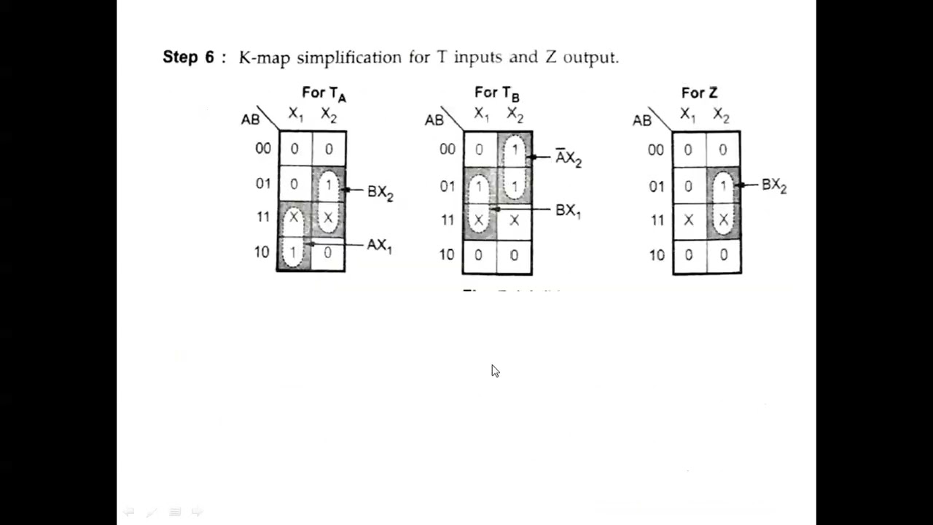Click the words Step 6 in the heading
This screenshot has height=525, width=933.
[188, 57]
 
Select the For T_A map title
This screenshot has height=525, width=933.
[324, 93]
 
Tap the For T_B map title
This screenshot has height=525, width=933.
[496, 93]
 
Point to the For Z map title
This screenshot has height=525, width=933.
[699, 93]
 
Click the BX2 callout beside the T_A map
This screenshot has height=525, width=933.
[380, 192]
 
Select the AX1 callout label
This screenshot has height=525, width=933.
[379, 246]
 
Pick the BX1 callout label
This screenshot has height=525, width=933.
[568, 211]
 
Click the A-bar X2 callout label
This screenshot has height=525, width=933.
[569, 158]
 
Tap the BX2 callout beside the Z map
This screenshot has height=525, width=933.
[773, 185]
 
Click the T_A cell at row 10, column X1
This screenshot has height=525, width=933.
[294, 252]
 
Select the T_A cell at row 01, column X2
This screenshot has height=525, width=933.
[328, 185]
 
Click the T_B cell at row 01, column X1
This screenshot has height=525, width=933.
[480, 187]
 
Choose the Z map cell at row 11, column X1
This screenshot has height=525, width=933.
[689, 219]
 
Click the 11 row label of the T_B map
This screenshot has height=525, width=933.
[447, 219]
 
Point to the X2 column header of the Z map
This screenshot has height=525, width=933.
[721, 114]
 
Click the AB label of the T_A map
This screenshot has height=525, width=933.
[250, 119]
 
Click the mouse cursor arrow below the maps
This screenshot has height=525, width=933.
[495, 371]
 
